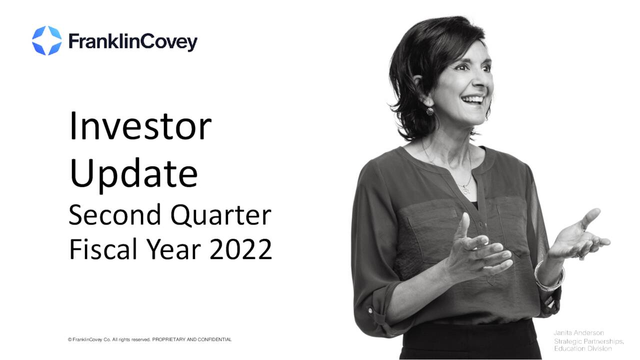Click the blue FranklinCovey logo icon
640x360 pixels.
[46, 40]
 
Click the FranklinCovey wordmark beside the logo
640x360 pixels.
[132, 42]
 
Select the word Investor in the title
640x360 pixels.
[140, 126]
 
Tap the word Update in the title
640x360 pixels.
[133, 173]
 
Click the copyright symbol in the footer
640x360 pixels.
[69, 339]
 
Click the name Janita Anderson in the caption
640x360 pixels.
[578, 332]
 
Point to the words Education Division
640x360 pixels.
[582, 348]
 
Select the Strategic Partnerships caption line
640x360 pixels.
[588, 341]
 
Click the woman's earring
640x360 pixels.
[429, 111]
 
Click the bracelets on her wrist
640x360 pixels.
[548, 277]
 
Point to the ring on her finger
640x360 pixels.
[581, 257]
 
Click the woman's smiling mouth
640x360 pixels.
[472, 99]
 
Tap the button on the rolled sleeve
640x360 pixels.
[370, 310]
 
